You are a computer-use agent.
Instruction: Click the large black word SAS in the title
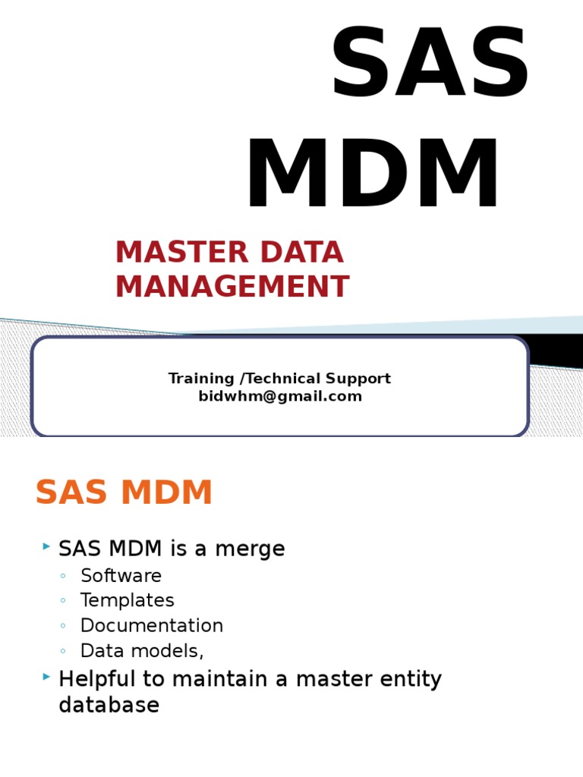430,66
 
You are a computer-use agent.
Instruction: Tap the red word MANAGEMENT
232,287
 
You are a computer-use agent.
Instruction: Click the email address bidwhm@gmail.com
280,396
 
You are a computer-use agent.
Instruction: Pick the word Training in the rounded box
201,378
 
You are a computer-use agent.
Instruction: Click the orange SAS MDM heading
124,493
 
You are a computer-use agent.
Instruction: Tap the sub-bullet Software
121,575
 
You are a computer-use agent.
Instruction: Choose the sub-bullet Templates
127,600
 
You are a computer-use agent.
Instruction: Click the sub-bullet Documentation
152,626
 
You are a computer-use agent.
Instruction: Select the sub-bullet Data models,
142,651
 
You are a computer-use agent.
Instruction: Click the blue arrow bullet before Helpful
46,675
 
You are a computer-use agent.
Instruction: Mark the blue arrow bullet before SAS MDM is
46,546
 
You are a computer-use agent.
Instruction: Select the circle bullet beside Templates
64,601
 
